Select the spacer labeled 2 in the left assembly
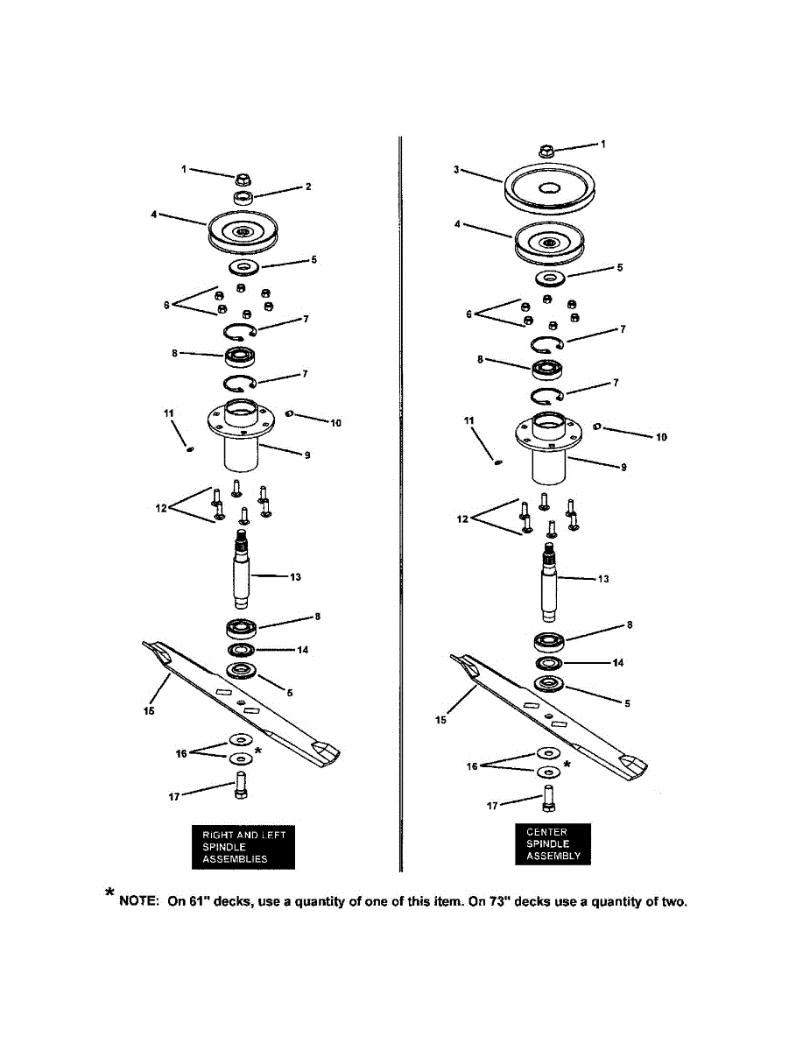244,197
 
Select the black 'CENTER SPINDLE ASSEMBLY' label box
552,843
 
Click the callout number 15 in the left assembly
149,711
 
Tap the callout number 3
456,169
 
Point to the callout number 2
309,187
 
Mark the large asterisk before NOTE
109,892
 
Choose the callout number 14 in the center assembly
618,663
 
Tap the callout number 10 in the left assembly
335,423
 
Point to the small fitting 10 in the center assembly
596,427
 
